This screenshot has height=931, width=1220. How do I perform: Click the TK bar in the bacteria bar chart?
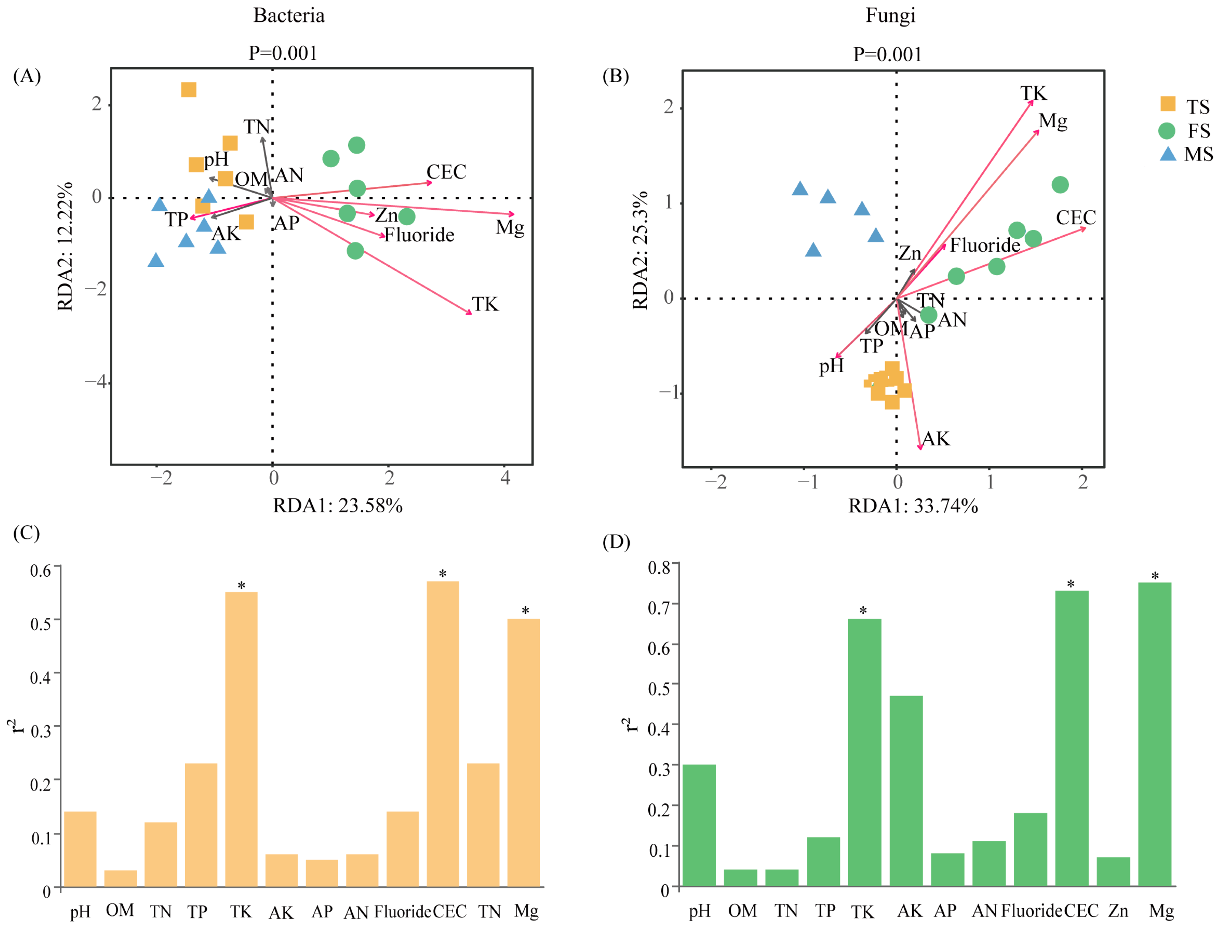click(x=241, y=740)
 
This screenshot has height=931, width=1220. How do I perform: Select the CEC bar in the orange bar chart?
click(x=443, y=734)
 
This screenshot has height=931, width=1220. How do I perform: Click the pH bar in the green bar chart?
click(x=699, y=826)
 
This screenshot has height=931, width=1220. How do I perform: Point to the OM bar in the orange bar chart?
click(x=120, y=879)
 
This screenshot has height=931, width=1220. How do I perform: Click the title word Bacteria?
click(x=289, y=16)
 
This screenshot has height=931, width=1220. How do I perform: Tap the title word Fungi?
click(x=890, y=16)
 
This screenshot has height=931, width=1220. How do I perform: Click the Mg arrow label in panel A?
click(x=510, y=228)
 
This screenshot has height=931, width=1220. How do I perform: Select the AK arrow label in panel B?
click(x=936, y=439)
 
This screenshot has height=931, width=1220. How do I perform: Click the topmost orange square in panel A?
click(x=189, y=90)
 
